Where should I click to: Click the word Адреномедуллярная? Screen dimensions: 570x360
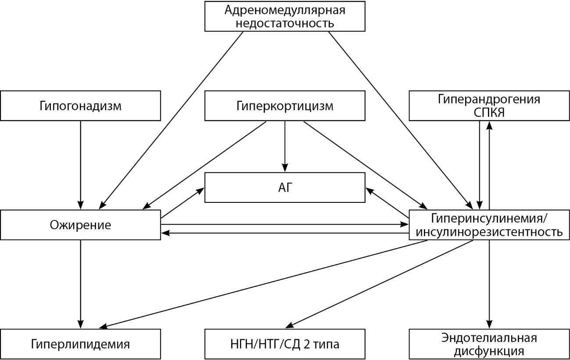(285, 10)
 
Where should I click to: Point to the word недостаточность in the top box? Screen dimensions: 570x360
(285, 23)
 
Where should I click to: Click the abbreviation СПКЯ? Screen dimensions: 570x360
(489, 113)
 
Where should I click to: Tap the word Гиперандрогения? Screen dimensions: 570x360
(489, 100)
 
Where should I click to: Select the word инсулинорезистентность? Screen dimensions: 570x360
(489, 232)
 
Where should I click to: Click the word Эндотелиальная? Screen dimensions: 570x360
(489, 338)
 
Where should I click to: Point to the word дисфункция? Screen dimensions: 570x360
(489, 352)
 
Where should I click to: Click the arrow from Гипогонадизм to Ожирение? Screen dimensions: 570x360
(80, 165)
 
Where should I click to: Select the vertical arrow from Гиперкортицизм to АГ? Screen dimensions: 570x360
(285, 146)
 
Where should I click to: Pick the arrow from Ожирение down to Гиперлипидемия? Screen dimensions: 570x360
(80, 284)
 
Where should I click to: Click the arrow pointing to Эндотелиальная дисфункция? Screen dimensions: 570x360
(489, 284)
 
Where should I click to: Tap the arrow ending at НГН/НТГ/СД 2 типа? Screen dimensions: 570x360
(379, 284)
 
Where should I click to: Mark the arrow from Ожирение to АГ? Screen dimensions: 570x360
(183, 203)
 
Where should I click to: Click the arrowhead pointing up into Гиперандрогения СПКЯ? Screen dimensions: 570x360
(489, 125)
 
